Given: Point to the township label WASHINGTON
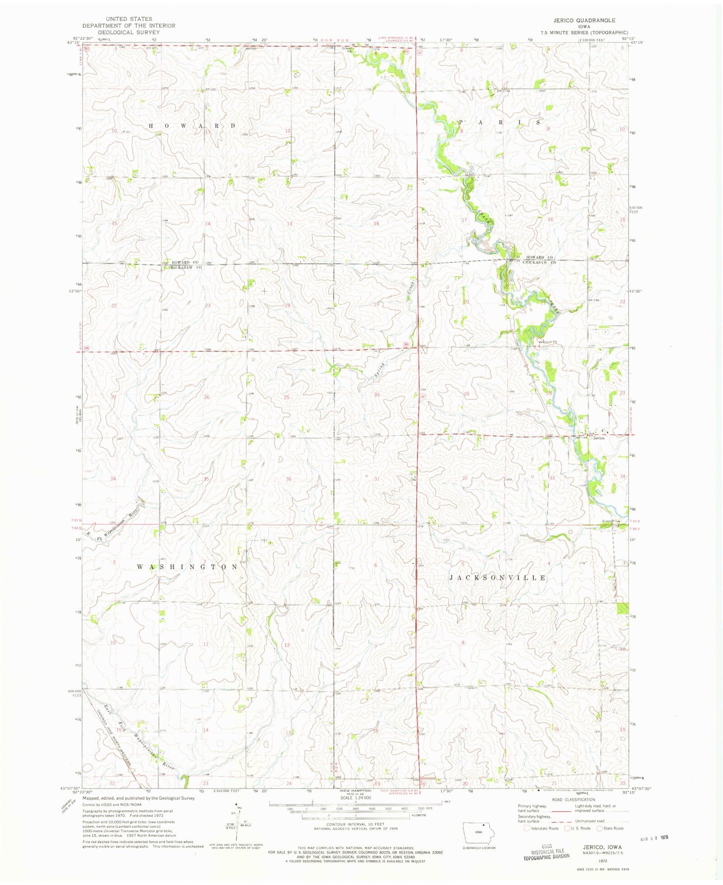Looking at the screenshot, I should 188,566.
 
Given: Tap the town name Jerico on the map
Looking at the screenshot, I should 599,438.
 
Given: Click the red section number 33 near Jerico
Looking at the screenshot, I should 552,478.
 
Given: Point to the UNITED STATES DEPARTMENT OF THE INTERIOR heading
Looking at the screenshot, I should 129,25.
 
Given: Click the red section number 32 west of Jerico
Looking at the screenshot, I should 465,478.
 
